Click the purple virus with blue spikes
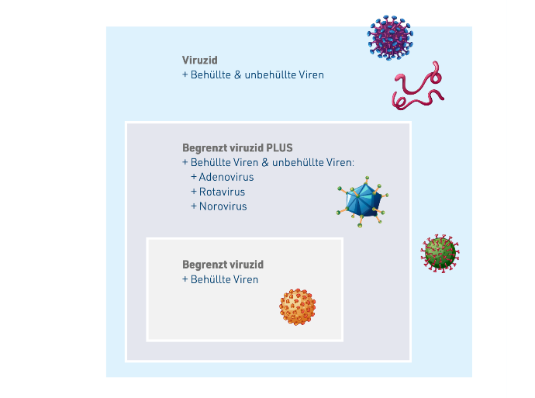click(390, 37)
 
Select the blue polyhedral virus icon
click(362, 202)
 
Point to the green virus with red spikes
click(440, 253)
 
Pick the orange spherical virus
click(298, 307)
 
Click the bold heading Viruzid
click(199, 60)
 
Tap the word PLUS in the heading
click(279, 148)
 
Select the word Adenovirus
click(226, 177)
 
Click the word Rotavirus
click(222, 192)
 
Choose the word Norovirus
click(223, 206)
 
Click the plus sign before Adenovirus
click(194, 177)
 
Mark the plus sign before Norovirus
click(194, 206)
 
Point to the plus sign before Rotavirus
click(194, 192)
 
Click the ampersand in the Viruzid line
click(237, 74)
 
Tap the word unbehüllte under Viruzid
click(270, 74)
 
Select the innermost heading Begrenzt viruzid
click(223, 265)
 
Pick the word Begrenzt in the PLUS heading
click(205, 148)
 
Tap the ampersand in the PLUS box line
click(265, 162)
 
